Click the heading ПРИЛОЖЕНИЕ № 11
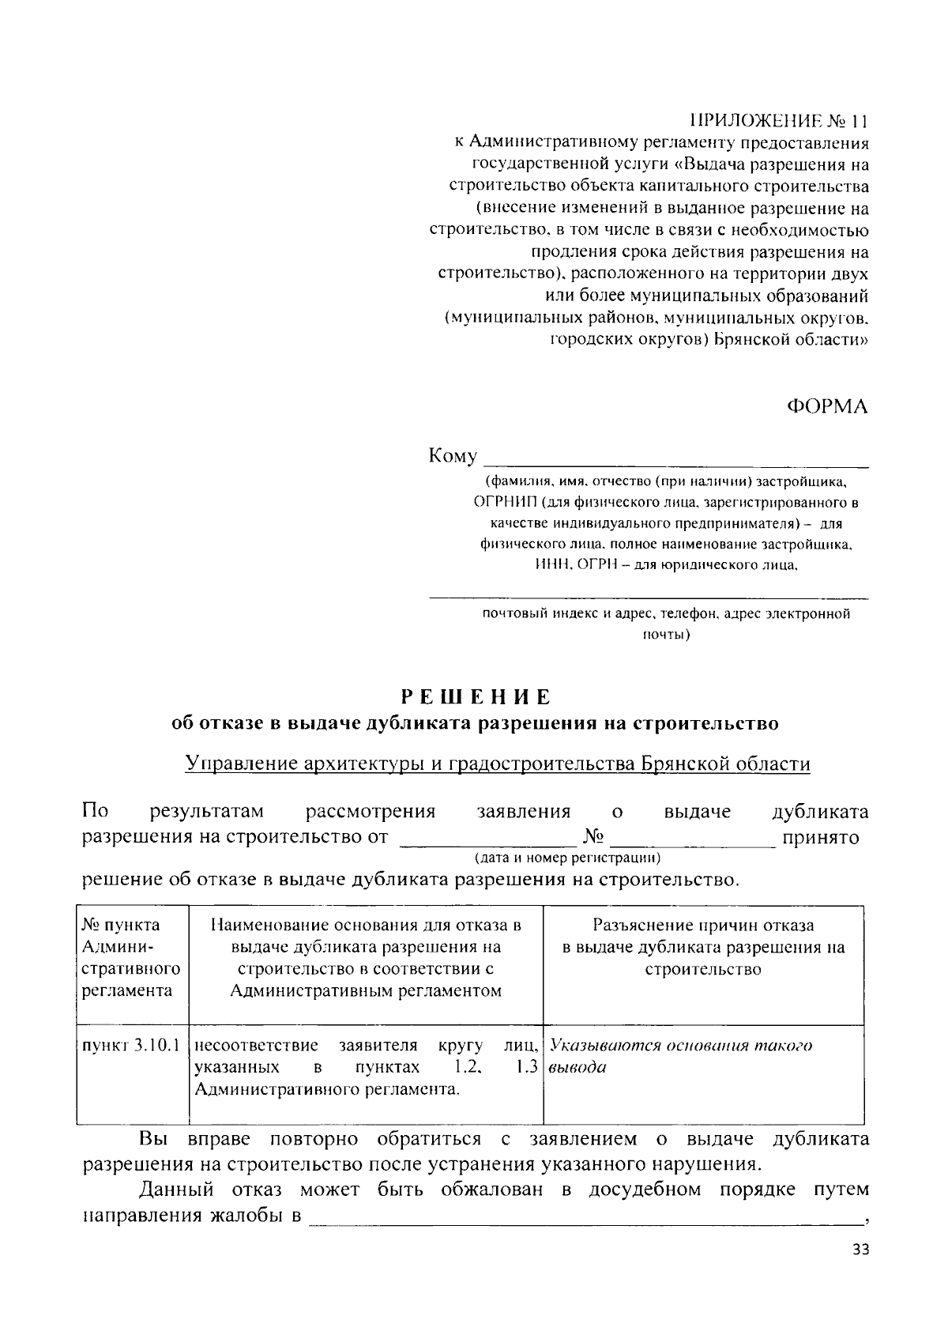pyautogui.click(x=778, y=122)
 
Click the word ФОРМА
pyautogui.click(x=827, y=406)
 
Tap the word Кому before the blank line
pyautogui.click(x=453, y=457)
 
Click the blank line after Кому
pyautogui.click(x=675, y=461)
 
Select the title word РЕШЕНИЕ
pyautogui.click(x=476, y=697)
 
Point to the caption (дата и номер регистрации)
pyautogui.click(x=567, y=858)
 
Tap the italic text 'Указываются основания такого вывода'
pyautogui.click(x=679, y=1056)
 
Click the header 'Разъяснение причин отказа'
pyautogui.click(x=703, y=926)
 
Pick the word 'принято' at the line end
pyautogui.click(x=820, y=837)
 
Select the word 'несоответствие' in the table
pyautogui.click(x=256, y=1046)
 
